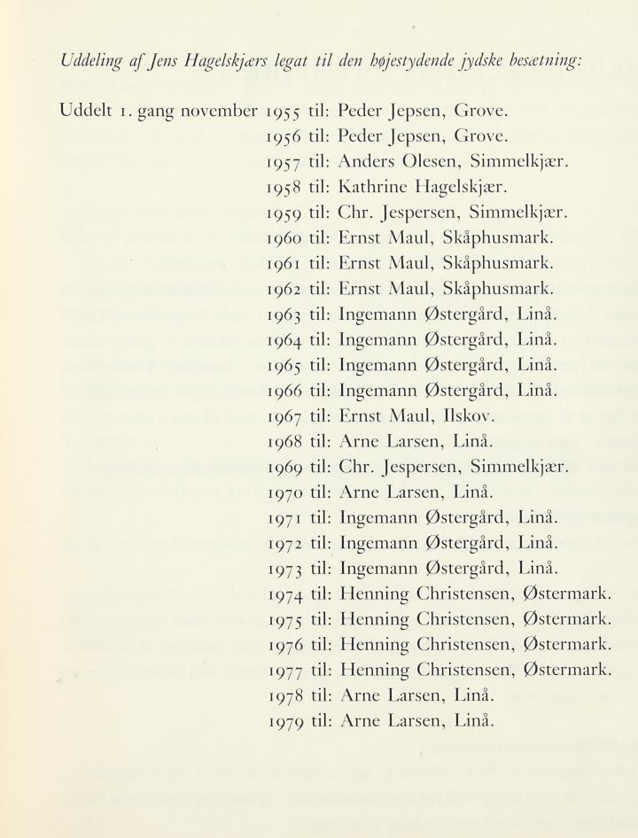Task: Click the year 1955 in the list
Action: click(284, 113)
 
